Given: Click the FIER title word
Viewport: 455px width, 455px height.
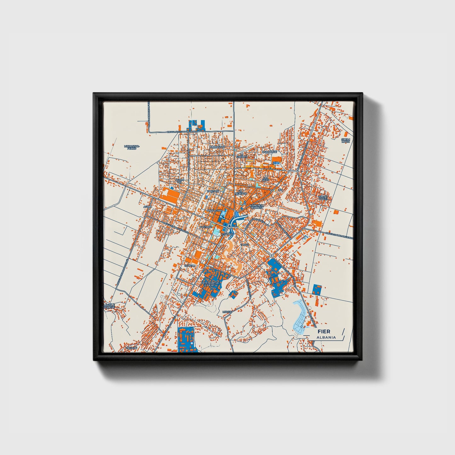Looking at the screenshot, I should (x=324, y=332).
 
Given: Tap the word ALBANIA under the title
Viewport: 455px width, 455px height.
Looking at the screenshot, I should (x=326, y=337).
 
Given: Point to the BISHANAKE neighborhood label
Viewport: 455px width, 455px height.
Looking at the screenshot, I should (x=269, y=151).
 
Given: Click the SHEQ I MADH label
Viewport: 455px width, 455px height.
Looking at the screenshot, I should (x=346, y=140).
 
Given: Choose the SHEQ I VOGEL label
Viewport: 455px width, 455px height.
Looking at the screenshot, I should (x=323, y=198).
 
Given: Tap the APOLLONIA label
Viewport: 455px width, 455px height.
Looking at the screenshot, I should (x=214, y=210).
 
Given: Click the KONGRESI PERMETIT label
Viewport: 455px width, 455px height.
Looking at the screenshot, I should (x=257, y=207).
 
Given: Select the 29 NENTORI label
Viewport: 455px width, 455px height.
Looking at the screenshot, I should (x=241, y=192).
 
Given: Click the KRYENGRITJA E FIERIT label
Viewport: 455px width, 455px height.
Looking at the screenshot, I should (x=209, y=284).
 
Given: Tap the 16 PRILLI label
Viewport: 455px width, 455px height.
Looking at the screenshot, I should (x=190, y=265).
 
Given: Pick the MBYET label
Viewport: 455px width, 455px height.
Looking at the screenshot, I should (x=227, y=312).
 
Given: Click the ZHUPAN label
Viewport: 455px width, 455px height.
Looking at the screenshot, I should (x=131, y=348).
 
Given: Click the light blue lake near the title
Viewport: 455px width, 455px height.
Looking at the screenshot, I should (x=299, y=318).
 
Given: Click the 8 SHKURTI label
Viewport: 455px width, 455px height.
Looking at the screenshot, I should (x=242, y=156).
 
